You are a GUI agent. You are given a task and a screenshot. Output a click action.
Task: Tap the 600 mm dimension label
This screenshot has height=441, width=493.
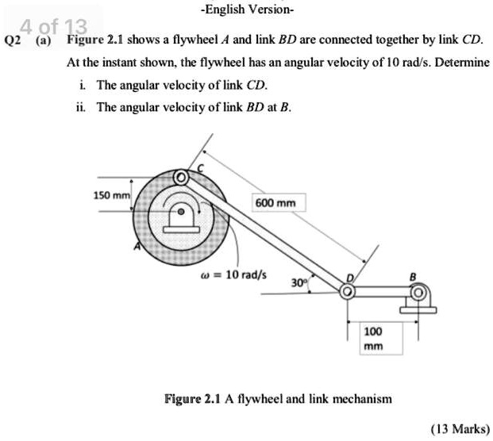coord(275,203)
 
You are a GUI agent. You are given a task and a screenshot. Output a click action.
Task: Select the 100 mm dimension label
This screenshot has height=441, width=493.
coord(373,338)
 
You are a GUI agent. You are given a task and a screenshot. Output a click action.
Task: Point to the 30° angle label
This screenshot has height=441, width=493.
coord(298,282)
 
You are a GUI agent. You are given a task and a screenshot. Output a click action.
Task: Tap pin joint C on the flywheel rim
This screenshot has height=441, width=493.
coord(182,176)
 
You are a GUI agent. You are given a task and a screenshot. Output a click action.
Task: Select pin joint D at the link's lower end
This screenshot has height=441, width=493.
coord(347,293)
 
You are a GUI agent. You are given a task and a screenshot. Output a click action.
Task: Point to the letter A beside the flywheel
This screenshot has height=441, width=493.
coord(137,247)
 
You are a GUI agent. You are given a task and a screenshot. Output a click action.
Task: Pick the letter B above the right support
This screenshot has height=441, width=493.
coord(411,277)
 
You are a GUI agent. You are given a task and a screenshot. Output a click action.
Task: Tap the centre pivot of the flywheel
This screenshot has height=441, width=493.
coord(183,213)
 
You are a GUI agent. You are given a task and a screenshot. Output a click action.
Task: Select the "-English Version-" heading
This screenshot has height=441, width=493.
coord(247,10)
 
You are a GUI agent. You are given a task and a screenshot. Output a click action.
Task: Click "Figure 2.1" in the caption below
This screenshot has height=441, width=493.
coord(191,398)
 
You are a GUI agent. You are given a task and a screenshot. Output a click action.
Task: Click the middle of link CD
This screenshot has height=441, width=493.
coord(264,235)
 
